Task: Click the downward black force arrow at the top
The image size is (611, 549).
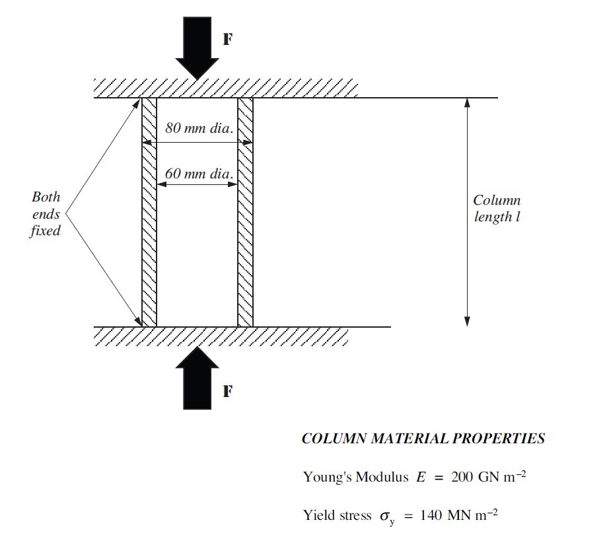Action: [x=197, y=50]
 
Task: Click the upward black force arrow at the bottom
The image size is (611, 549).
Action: [x=197, y=377]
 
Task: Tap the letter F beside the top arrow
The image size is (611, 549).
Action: [x=227, y=40]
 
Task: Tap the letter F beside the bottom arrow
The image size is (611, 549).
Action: [x=227, y=392]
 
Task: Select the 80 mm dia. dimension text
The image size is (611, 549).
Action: [x=199, y=128]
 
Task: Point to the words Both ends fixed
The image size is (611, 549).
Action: [x=46, y=213]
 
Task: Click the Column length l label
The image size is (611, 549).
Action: [x=497, y=208]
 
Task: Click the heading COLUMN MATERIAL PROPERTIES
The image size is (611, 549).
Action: [x=423, y=439]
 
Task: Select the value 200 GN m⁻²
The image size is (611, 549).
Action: [x=488, y=477]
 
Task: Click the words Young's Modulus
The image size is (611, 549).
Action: [x=355, y=477]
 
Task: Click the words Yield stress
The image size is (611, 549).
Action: [x=337, y=515]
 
